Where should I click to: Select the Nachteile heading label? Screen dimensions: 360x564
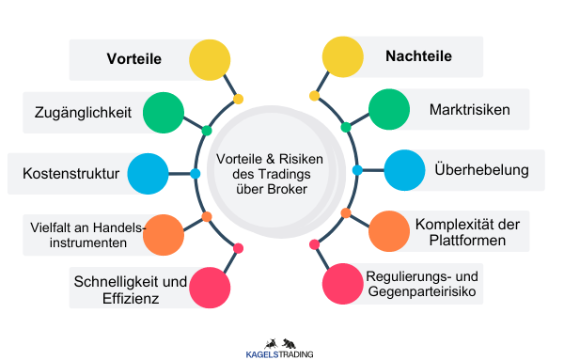[x=418, y=56]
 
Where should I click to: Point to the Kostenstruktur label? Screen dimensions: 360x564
[x=70, y=173]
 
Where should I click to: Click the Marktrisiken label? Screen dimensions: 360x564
[x=469, y=111]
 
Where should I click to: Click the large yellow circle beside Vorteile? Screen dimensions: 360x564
[x=210, y=58]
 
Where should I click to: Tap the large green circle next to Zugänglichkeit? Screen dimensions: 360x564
[x=164, y=113]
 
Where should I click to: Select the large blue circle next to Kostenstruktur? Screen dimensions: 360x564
[x=148, y=173]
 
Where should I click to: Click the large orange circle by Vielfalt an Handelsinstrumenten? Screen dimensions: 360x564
[x=163, y=232]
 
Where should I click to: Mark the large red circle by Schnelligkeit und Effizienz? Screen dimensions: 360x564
[x=210, y=288]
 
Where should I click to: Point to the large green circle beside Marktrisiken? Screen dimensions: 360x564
[x=388, y=111]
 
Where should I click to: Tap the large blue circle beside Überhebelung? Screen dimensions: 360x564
[x=404, y=170]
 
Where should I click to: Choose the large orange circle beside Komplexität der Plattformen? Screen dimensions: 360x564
[x=387, y=230]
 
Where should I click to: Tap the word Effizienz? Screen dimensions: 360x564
[x=127, y=299]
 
